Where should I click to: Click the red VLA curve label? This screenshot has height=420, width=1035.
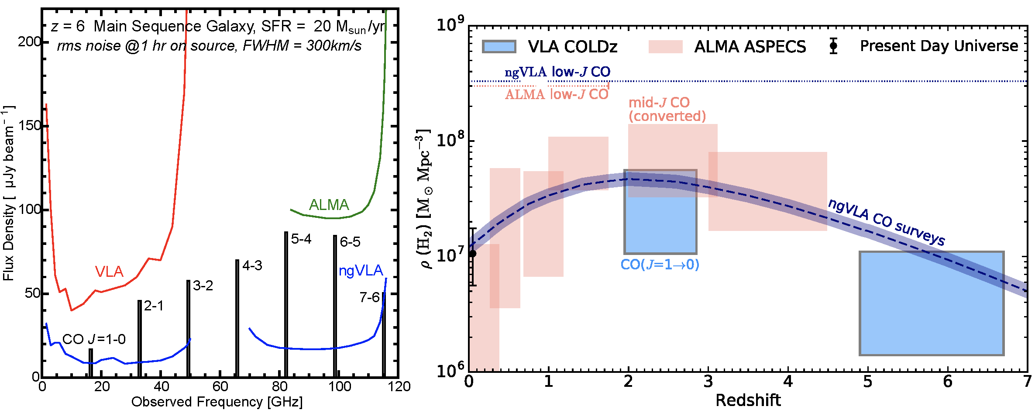[x=109, y=272]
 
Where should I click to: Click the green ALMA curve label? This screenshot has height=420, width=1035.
[x=329, y=205]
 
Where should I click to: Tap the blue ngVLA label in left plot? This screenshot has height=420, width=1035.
[x=361, y=271]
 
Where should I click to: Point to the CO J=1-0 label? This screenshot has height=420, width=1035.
[x=94, y=339]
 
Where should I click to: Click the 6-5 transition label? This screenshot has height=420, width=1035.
[x=350, y=242]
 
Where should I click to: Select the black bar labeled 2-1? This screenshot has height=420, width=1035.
[x=139, y=338]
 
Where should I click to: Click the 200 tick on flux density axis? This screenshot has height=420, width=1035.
[x=29, y=42]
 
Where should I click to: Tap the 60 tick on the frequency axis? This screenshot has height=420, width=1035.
[x=220, y=386]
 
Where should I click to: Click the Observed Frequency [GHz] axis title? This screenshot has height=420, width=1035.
[x=217, y=402]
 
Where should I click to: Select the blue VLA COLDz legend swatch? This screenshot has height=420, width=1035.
[x=499, y=47]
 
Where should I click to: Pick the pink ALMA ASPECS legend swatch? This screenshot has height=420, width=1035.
[x=665, y=47]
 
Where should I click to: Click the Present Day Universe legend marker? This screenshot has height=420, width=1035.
[x=833, y=46]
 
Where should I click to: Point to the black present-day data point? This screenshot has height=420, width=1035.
[x=472, y=254]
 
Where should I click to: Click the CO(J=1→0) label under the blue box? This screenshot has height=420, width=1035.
[x=660, y=265]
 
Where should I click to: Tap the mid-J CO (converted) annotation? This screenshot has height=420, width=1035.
[x=667, y=109]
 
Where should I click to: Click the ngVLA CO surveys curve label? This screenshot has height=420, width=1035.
[x=886, y=222]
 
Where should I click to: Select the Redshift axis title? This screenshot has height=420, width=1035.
[x=748, y=400]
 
